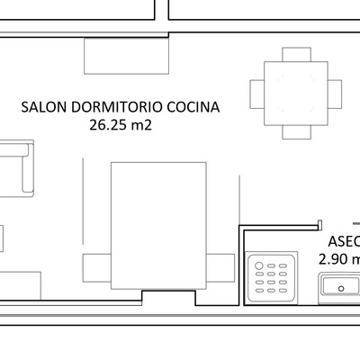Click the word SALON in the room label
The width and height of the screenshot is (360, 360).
click(x=41, y=107)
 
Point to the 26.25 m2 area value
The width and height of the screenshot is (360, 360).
click(x=120, y=126)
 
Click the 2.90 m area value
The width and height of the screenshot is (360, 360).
click(x=339, y=259)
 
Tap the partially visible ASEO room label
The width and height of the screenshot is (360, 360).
click(x=344, y=241)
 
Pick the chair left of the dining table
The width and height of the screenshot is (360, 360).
click(x=256, y=94)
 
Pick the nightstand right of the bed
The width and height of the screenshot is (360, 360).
click(x=220, y=268)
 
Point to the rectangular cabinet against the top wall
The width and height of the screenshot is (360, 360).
click(x=127, y=57)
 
